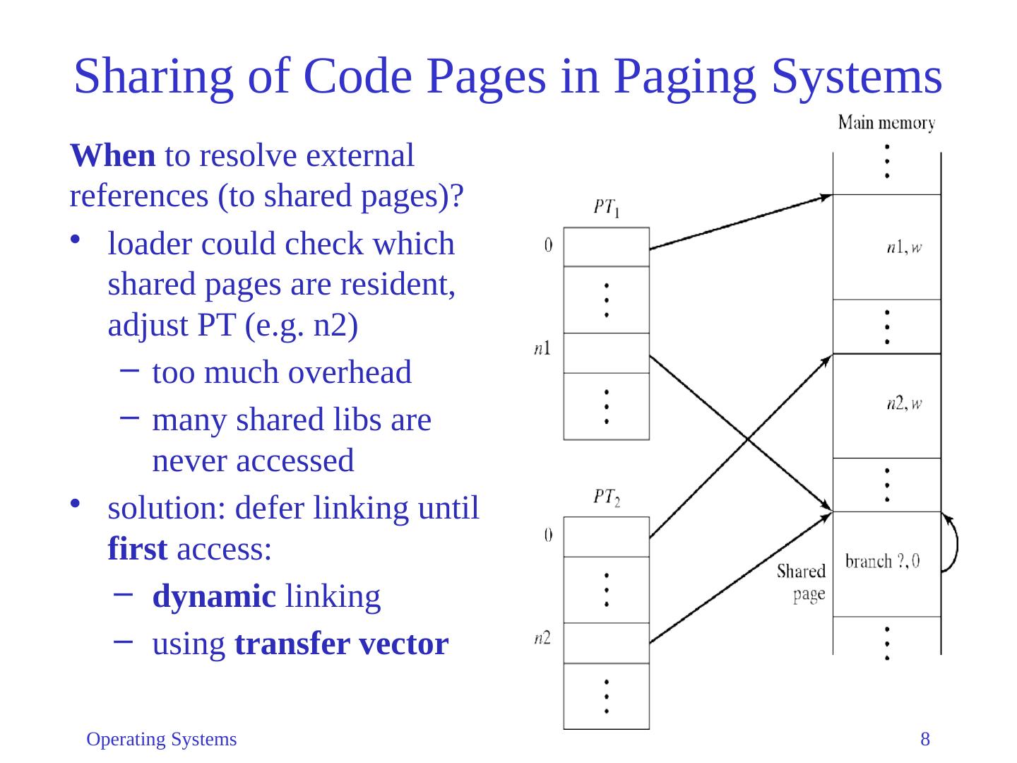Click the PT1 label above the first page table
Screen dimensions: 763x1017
click(606, 208)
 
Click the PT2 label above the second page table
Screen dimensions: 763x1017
click(606, 498)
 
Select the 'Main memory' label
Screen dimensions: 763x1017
click(886, 124)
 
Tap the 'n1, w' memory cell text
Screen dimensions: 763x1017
click(905, 247)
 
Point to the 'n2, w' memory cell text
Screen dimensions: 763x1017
click(905, 404)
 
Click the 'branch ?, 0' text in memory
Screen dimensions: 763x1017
click(883, 562)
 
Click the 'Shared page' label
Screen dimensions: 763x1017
click(802, 582)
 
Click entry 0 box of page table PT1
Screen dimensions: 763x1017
click(606, 247)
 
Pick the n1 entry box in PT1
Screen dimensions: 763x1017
click(606, 353)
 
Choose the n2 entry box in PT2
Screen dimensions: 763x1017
click(606, 643)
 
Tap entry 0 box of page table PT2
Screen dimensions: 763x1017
click(606, 537)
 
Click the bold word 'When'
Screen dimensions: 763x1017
click(113, 155)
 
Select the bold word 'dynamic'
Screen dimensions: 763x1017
click(213, 597)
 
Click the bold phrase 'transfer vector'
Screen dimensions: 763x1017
click(341, 644)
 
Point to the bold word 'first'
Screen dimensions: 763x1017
click(138, 549)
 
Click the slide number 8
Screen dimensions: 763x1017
click(924, 740)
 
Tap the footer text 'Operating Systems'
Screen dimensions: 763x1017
click(161, 740)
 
